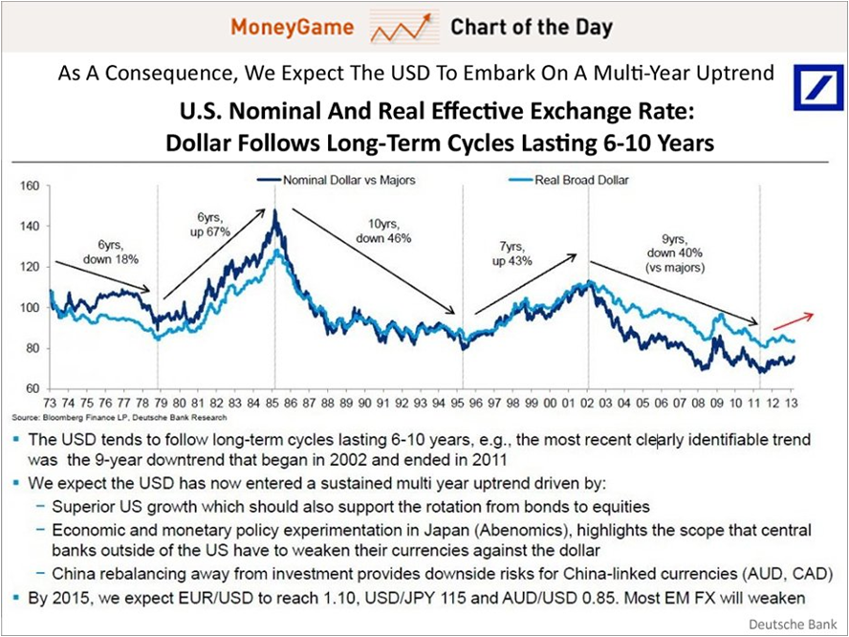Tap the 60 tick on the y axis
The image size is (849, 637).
pyautogui.click(x=30, y=388)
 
